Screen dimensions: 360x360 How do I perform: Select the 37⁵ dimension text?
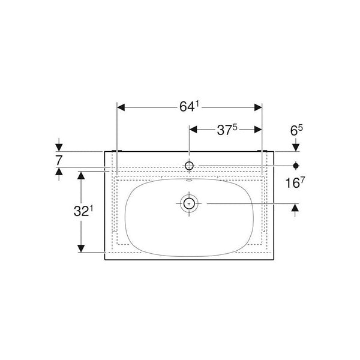tap(226, 130)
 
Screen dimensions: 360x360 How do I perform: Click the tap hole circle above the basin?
tap(189, 165)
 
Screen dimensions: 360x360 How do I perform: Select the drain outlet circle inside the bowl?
tap(189, 203)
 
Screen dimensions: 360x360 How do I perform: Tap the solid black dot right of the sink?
tap(296, 164)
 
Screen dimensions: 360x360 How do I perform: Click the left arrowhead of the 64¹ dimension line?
tap(120, 107)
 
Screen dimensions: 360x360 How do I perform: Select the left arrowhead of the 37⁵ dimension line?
tap(193, 130)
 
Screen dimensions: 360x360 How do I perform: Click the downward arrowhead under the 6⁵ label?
tap(296, 147)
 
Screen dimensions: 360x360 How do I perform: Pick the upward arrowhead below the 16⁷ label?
tap(296, 208)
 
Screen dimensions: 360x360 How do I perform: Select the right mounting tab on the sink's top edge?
tap(262, 150)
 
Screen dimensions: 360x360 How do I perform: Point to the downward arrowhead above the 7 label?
tap(59, 147)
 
